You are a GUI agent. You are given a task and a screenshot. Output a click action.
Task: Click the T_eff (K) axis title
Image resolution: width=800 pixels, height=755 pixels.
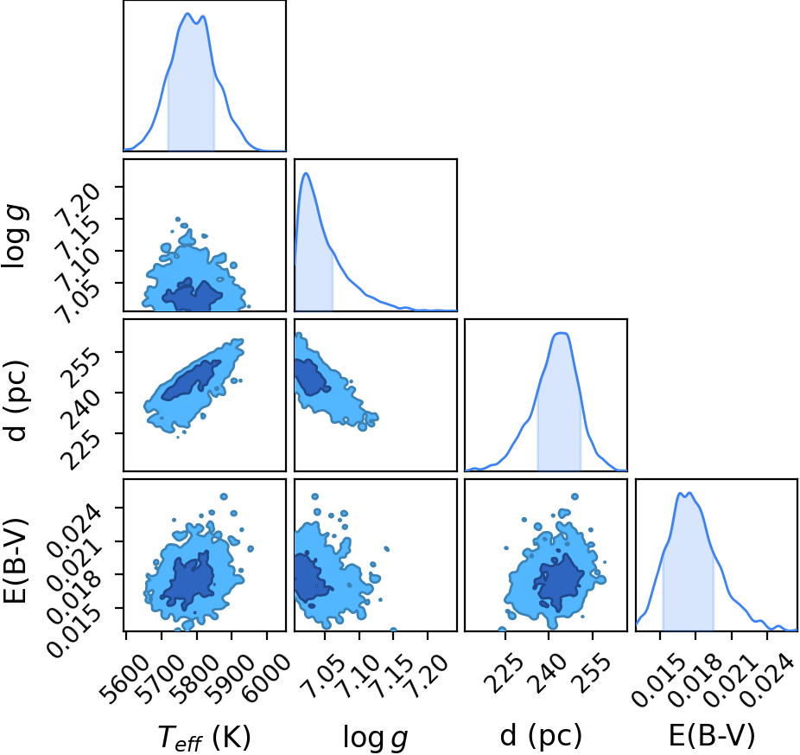(x=205, y=737)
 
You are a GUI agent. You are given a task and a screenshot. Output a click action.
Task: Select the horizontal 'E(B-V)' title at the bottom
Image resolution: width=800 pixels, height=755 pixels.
(x=711, y=736)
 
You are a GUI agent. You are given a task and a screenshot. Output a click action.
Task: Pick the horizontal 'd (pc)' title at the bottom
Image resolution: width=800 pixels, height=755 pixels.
(x=541, y=736)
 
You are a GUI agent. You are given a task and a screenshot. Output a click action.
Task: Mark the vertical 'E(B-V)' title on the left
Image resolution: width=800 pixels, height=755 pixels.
(x=15, y=561)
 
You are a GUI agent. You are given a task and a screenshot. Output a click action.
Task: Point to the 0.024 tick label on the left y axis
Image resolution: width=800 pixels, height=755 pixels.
(x=73, y=526)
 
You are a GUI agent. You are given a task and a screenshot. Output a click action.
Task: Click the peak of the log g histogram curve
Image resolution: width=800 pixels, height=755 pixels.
(x=306, y=173)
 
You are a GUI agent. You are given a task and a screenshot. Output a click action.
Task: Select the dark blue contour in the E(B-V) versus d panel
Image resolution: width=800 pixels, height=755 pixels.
(x=558, y=582)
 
